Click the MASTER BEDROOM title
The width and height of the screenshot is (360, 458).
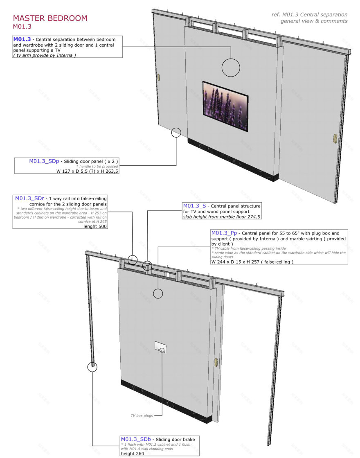[x=50, y=18]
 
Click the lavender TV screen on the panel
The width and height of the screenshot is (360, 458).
[x=225, y=106]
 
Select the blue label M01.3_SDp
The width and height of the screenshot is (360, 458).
[x=44, y=161]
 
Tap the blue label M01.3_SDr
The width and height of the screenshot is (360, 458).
[x=29, y=199]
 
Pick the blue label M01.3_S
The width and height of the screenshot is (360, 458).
[x=194, y=205]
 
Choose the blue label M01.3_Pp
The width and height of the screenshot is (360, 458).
[x=224, y=233]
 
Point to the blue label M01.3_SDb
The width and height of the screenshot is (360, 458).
[x=136, y=439]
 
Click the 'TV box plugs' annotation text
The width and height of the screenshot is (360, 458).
[x=142, y=415]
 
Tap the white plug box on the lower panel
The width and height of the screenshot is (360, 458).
[x=160, y=347]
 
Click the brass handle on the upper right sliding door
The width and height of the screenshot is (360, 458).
[x=335, y=138]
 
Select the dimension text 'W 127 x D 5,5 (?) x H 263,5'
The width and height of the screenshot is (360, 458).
[x=87, y=171]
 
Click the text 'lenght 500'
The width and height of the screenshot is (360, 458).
[x=95, y=226]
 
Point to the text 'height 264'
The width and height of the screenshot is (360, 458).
[x=133, y=453]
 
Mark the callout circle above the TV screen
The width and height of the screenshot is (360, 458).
[x=231, y=59]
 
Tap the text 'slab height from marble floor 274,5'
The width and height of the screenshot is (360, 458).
[x=222, y=217]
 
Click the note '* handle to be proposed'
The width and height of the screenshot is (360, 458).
[x=97, y=166]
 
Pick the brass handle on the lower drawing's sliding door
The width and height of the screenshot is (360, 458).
[x=216, y=362]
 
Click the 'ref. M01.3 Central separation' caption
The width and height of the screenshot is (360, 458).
[x=310, y=14]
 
